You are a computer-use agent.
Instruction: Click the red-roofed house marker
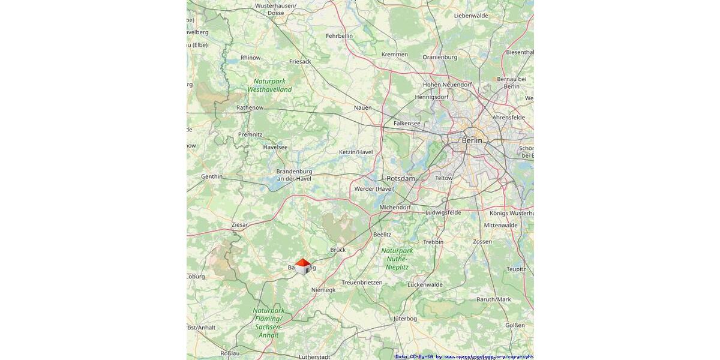click(302, 266)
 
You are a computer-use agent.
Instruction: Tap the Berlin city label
click(472, 140)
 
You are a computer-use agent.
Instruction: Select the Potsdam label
click(401, 179)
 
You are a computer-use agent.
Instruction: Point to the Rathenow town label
click(250, 107)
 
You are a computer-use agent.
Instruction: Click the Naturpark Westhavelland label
click(269, 85)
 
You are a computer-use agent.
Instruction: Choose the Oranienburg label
click(440, 58)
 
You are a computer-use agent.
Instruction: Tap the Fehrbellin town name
click(339, 36)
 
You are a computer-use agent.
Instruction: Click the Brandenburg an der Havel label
click(294, 175)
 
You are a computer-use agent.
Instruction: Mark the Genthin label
click(212, 176)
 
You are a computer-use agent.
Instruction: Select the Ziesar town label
click(239, 224)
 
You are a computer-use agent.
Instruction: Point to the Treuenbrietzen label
click(362, 282)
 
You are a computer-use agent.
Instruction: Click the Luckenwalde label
click(425, 284)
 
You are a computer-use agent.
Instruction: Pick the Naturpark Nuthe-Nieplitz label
click(397, 259)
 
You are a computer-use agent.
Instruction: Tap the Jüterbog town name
click(405, 318)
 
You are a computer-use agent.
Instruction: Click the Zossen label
click(482, 242)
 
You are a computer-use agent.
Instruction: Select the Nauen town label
click(363, 107)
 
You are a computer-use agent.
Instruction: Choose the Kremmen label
click(394, 55)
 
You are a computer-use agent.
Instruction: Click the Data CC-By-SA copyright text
click(464, 356)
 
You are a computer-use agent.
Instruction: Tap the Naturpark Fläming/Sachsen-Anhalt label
click(268, 323)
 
